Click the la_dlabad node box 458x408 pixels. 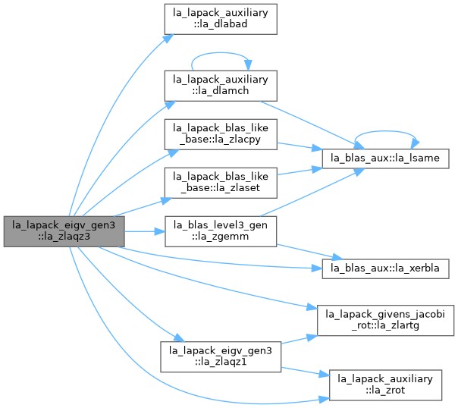(221, 19)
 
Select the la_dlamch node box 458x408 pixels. (221, 86)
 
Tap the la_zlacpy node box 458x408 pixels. (221, 134)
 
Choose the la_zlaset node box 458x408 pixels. (221, 183)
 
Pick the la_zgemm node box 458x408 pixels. (221, 231)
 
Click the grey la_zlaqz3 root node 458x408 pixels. (64, 231)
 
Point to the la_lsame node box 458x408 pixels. (385, 158)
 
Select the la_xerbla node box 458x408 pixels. (385, 268)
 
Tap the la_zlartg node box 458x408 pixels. (385, 320)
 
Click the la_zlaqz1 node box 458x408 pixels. (221, 356)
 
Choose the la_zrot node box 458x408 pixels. (385, 385)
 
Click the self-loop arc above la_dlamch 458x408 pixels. (221, 53)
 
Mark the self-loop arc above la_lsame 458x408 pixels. (385, 131)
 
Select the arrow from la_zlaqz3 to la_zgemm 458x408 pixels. (145, 231)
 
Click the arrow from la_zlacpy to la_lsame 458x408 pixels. (300, 146)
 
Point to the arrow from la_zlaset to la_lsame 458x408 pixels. (300, 171)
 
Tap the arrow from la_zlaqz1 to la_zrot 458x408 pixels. (306, 372)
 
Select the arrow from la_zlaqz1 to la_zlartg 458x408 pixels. (300, 339)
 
